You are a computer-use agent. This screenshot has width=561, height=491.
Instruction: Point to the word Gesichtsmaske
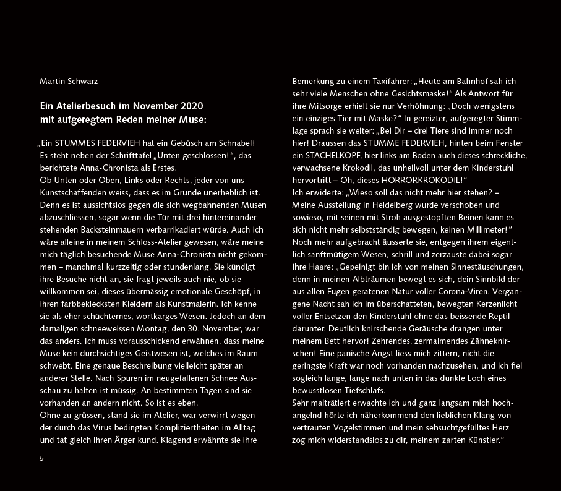pos(421,93)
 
